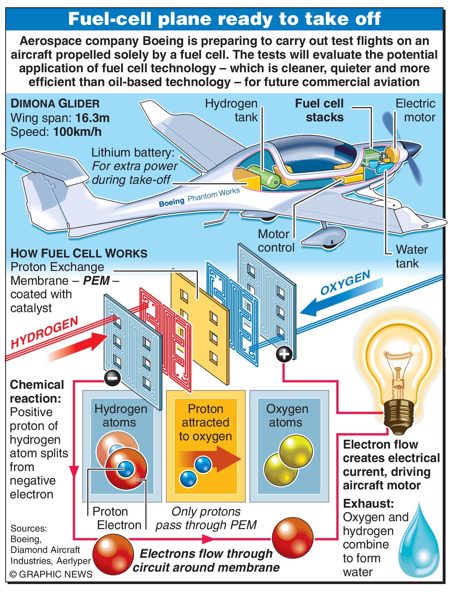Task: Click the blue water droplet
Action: click(419, 546)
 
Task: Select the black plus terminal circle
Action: click(284, 354)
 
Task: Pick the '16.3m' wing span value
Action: click(92, 118)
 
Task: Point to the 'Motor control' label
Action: click(275, 241)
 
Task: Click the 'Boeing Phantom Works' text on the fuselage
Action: click(199, 197)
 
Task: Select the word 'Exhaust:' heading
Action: click(368, 504)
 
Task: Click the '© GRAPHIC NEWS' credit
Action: click(51, 574)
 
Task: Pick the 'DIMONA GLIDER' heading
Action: click(55, 104)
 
